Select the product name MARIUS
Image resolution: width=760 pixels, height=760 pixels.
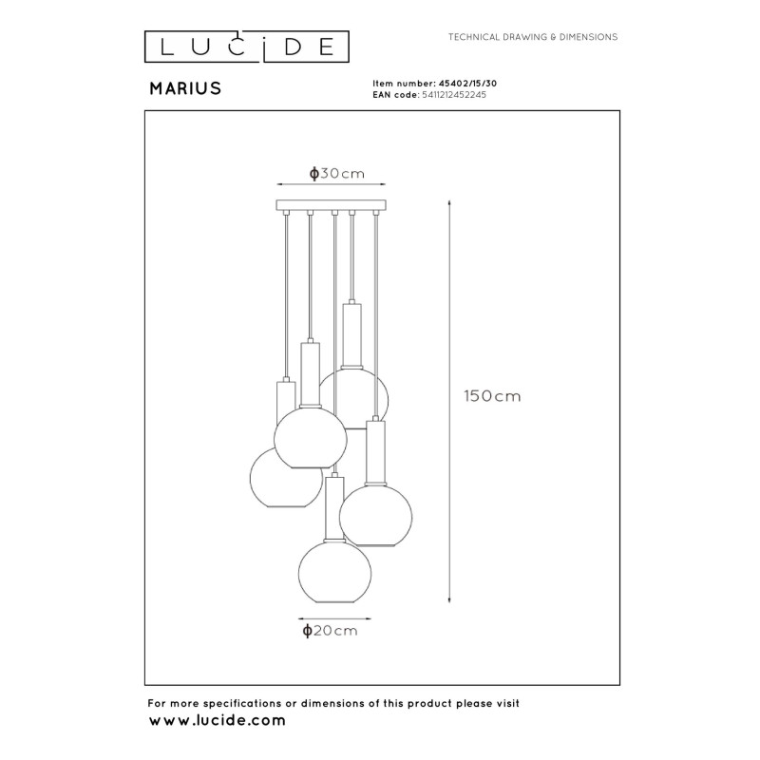pos(185,88)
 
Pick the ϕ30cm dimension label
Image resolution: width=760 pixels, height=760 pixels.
pos(337,173)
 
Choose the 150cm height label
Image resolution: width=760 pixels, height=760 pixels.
pos(493,396)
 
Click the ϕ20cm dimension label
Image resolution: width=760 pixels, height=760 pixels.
pos(331,630)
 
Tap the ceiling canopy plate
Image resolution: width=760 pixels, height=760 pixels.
pos(333,204)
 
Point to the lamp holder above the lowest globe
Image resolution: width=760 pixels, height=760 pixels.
pos(332,504)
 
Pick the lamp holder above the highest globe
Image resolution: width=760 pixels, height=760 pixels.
pos(352,334)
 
